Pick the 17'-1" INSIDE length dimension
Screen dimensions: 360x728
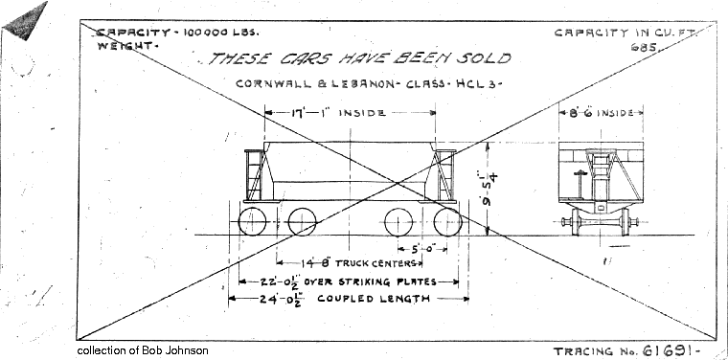pyautogui.click(x=337, y=113)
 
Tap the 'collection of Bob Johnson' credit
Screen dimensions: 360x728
pyautogui.click(x=144, y=351)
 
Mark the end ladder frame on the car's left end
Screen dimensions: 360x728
pyautogui.click(x=255, y=174)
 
